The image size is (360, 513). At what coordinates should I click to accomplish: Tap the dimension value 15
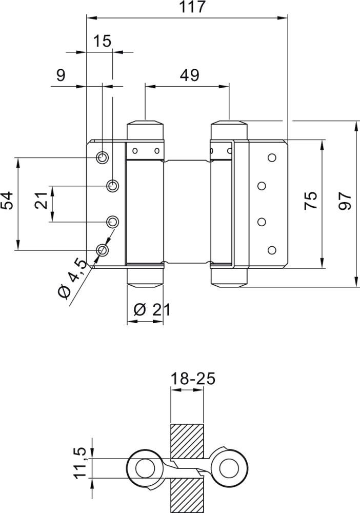pyautogui.click(x=103, y=41)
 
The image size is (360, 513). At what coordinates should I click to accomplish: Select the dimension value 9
pyautogui.click(x=61, y=75)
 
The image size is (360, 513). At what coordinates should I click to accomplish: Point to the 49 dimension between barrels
pyautogui.click(x=189, y=75)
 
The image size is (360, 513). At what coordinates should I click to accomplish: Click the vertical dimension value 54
pyautogui.click(x=7, y=201)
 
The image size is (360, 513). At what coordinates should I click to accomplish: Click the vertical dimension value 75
pyautogui.click(x=310, y=201)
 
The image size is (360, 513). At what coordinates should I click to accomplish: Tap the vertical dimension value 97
pyautogui.click(x=344, y=201)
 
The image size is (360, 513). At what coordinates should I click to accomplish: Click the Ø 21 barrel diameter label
pyautogui.click(x=151, y=309)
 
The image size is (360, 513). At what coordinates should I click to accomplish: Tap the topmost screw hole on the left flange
pyautogui.click(x=103, y=157)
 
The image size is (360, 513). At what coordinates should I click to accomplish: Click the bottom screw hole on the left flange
pyautogui.click(x=103, y=250)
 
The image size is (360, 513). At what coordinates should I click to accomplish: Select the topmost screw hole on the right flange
pyautogui.click(x=272, y=157)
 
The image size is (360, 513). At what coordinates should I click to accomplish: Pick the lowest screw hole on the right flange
pyautogui.click(x=272, y=250)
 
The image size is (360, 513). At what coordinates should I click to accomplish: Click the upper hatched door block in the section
pyautogui.click(x=187, y=441)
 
